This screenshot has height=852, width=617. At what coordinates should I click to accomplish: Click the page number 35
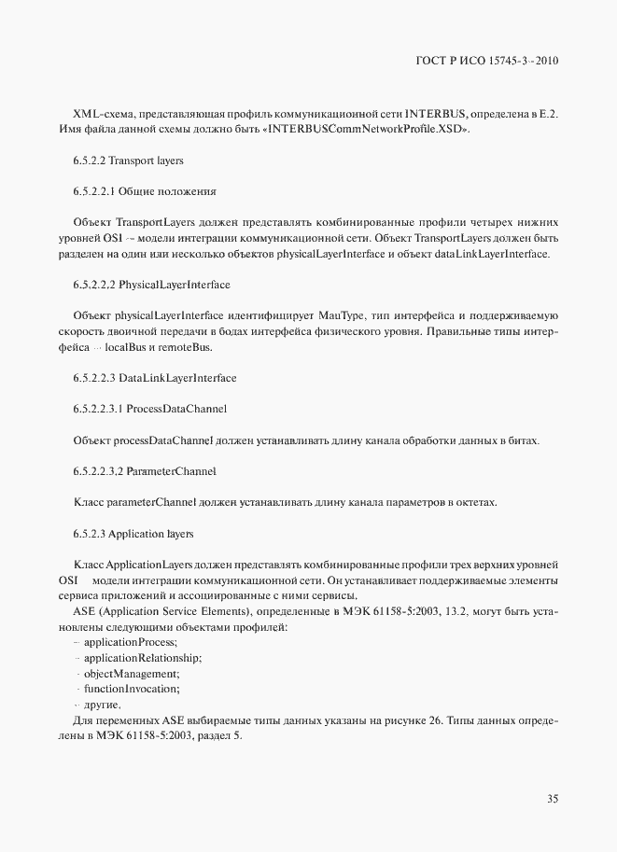pyautogui.click(x=553, y=798)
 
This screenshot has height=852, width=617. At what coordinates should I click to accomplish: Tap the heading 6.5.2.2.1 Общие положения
pyautogui.click(x=145, y=191)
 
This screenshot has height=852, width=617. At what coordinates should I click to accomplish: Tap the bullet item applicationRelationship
pyautogui.click(x=142, y=658)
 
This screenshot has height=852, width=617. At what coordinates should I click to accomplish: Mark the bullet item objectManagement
pyautogui.click(x=131, y=673)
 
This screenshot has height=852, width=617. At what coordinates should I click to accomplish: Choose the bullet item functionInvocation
pyautogui.click(x=131, y=688)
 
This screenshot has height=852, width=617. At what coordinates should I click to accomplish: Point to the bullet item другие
pyautogui.click(x=102, y=704)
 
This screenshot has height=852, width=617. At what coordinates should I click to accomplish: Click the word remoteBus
pyautogui.click(x=188, y=347)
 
